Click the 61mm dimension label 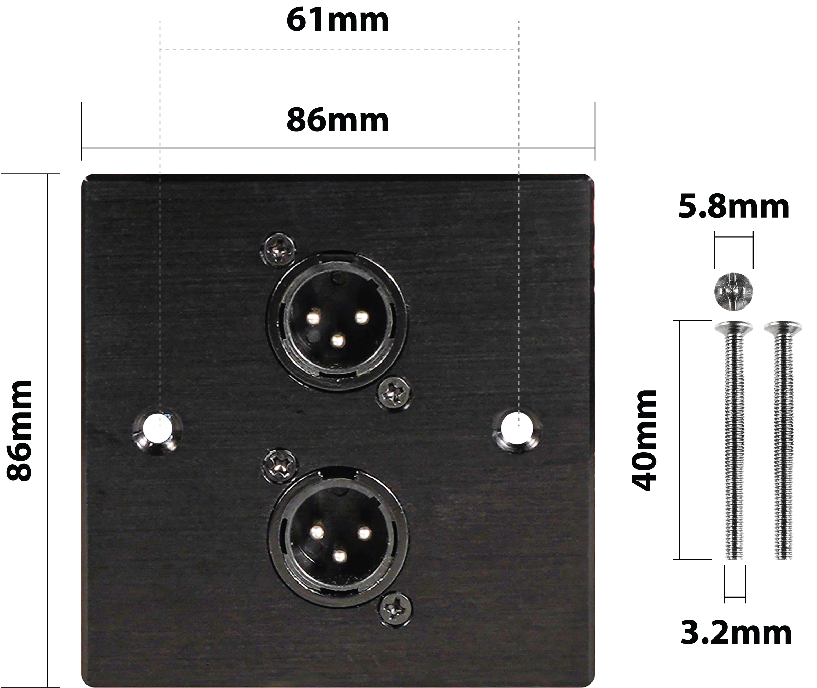(337, 20)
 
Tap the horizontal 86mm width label (337, 120)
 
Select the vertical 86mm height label (19, 431)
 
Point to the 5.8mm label (734, 207)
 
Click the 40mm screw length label (644, 440)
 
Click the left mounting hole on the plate (157, 428)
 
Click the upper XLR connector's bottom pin (338, 341)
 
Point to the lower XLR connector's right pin (364, 533)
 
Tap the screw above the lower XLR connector (279, 466)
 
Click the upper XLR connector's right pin (361, 317)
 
